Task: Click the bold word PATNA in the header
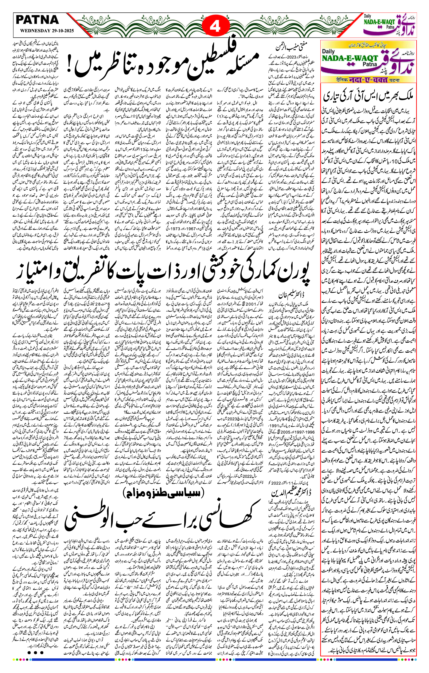point(37,20)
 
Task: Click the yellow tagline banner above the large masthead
point(368,45)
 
